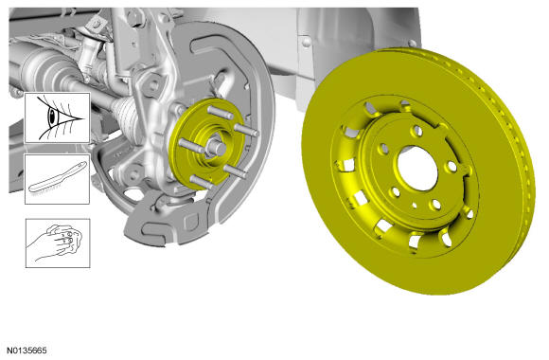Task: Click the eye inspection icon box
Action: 57,117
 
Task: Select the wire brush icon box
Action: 57,179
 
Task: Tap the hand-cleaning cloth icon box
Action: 58,243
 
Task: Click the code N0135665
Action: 27,351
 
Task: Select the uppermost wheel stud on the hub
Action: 221,113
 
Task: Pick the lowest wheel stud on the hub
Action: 201,182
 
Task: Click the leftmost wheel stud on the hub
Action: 191,146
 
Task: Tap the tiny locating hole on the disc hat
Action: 415,206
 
